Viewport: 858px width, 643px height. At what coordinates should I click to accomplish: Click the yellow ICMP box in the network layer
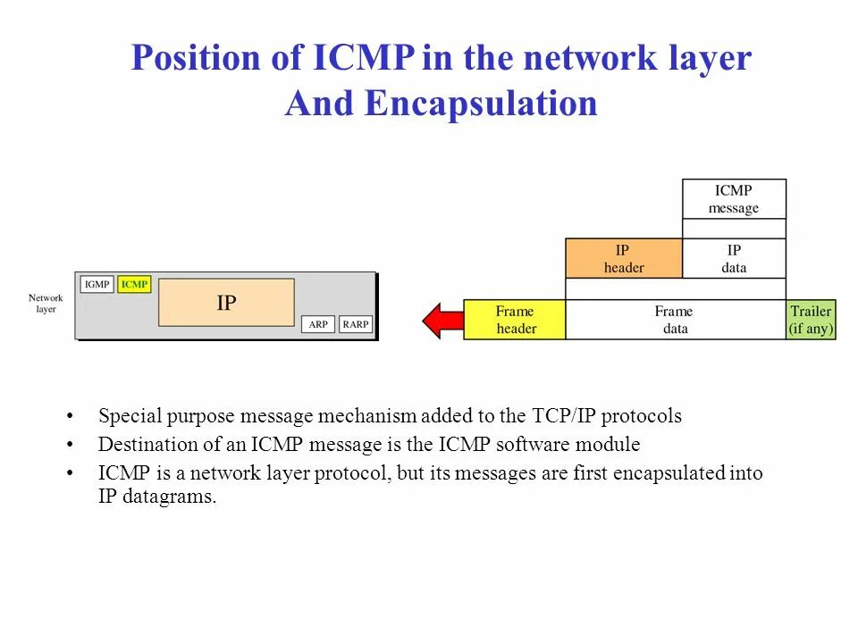coord(134,284)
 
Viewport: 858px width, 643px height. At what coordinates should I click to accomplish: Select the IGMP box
coord(97,284)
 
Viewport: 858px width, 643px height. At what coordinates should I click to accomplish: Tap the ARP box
coord(318,324)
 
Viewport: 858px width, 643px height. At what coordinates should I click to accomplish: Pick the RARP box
coord(356,324)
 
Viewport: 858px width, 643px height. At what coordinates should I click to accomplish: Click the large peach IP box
coord(226,303)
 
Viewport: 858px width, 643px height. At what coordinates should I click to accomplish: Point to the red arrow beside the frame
coord(442,320)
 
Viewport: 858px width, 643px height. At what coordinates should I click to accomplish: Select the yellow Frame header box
coord(515,320)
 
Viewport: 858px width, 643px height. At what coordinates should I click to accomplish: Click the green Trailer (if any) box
coord(811,320)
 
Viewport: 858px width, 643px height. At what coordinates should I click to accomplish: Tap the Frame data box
coord(675,320)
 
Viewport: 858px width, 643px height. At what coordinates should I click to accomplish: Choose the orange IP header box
coord(624,258)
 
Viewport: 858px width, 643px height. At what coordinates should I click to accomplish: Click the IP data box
coord(734,258)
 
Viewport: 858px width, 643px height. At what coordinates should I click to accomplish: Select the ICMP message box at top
coord(734,199)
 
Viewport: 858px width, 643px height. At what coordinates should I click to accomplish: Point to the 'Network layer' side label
coord(46,304)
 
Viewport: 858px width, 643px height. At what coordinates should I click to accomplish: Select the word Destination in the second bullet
coord(143,444)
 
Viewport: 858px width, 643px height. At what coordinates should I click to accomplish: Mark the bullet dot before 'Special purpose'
coord(71,417)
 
